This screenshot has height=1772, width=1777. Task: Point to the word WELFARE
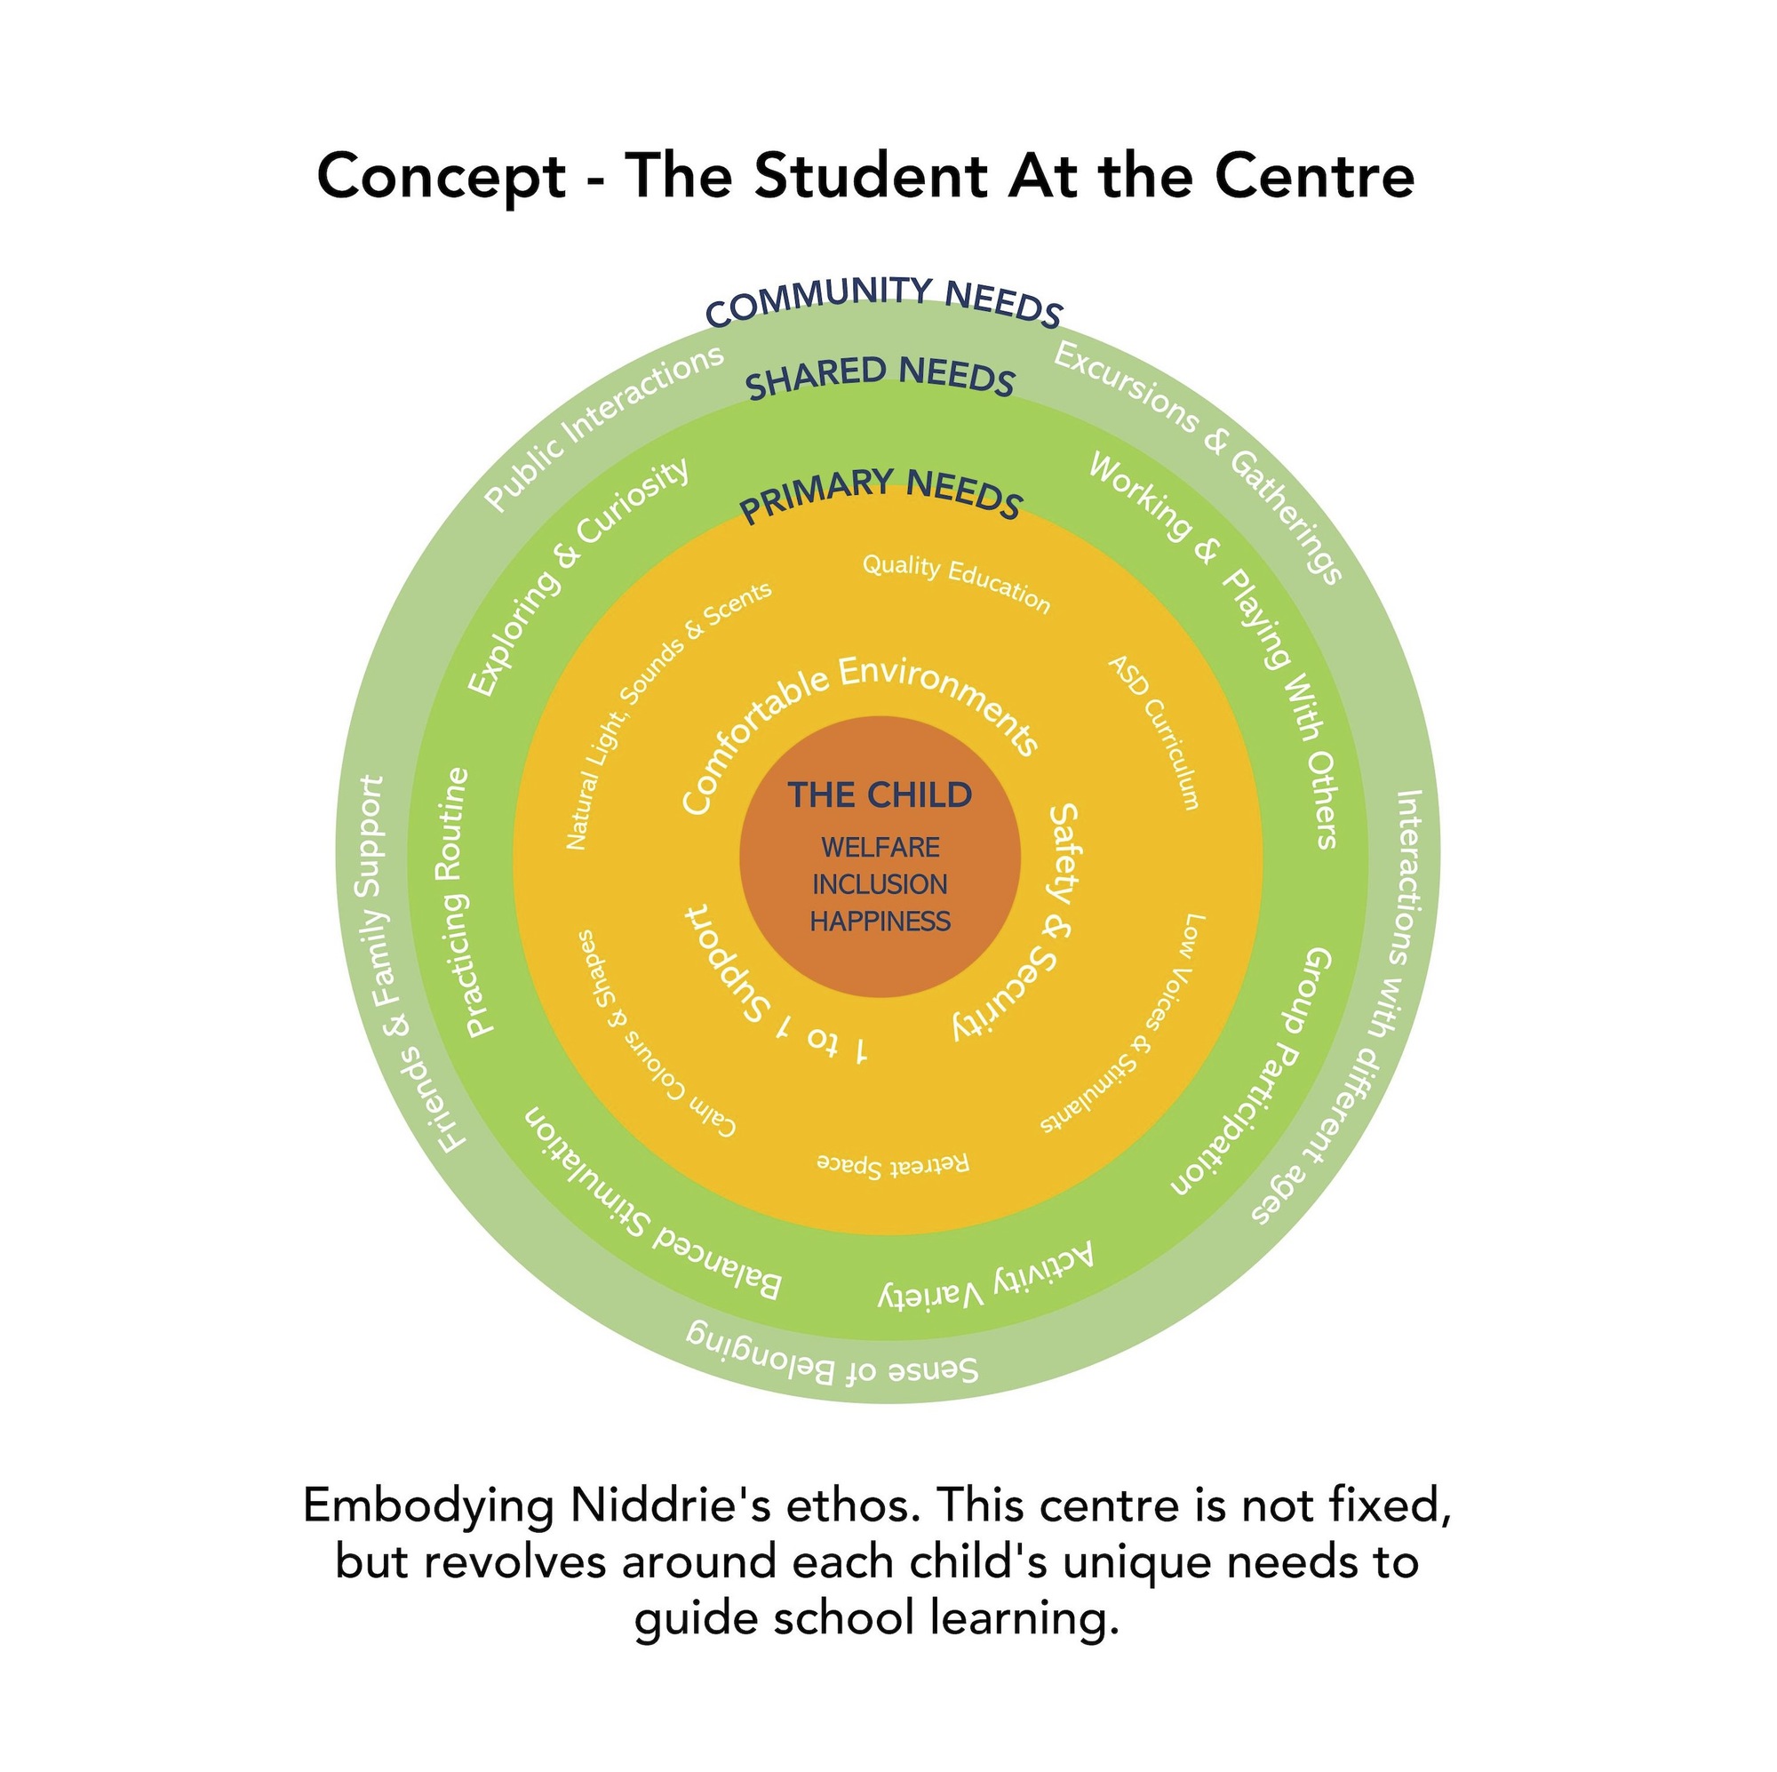pos(881,848)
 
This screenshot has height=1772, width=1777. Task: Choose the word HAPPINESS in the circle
pos(881,921)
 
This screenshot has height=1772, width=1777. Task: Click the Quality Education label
pos(957,579)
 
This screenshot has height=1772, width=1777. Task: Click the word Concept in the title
pos(442,176)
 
